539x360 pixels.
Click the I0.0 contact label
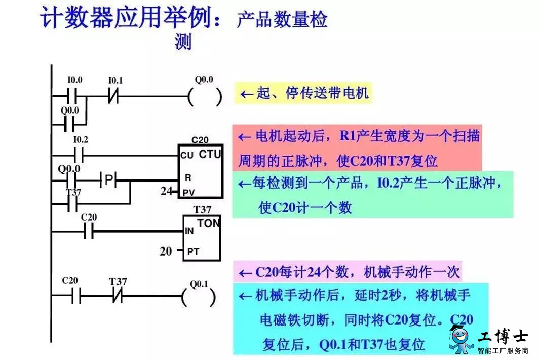[74, 80]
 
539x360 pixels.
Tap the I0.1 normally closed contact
[113, 96]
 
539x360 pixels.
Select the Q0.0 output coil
[205, 97]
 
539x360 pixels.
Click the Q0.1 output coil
[199, 297]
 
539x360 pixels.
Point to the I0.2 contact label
[81, 140]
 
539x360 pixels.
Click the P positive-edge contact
[108, 179]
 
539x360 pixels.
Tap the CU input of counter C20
[186, 156]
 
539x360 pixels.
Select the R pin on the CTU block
[187, 177]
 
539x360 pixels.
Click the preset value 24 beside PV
[166, 191]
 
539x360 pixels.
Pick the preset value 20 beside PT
[166, 251]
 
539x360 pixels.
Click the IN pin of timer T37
[189, 231]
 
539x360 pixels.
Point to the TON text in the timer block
[208, 224]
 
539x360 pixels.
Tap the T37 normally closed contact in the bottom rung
[118, 296]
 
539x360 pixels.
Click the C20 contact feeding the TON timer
[89, 231]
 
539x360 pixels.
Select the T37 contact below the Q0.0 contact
[72, 204]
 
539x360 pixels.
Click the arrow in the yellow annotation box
[247, 94]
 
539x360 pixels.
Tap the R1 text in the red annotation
[347, 136]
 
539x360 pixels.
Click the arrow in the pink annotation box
[245, 274]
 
